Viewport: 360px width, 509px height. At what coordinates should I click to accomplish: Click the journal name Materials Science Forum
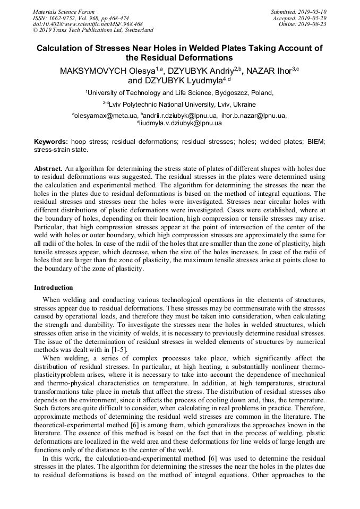coord(64,12)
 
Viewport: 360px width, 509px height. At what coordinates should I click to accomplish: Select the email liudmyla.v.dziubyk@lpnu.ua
coord(181,123)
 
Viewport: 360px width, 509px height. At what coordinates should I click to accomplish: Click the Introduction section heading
coord(54,288)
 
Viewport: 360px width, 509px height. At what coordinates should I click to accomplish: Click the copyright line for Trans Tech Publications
coord(93,31)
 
